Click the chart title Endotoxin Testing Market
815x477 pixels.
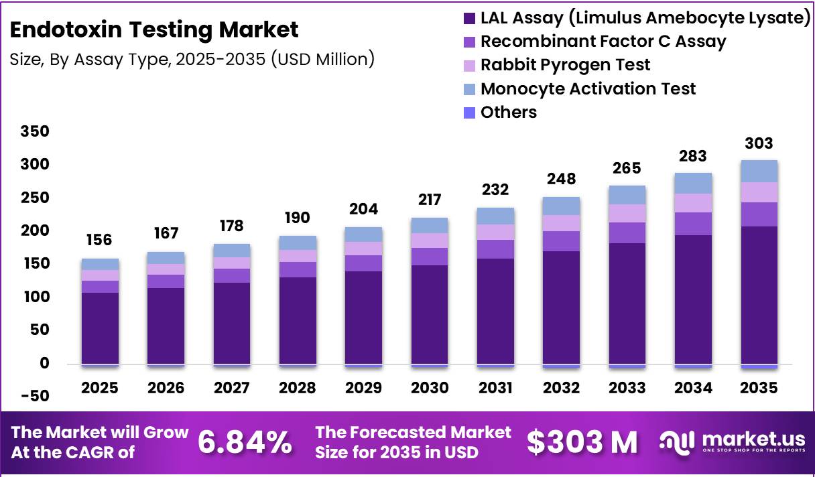coord(155,30)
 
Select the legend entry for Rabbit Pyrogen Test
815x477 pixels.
coord(565,65)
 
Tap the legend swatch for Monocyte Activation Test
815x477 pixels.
coord(470,88)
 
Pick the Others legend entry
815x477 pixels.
coord(508,112)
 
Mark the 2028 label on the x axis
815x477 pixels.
coord(298,388)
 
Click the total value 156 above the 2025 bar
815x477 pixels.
coord(100,240)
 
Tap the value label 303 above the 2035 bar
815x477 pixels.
coord(759,143)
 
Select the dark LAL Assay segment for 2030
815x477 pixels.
coord(430,315)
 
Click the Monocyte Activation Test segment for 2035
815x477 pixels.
coord(759,172)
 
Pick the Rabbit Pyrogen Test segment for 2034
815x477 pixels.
coord(693,203)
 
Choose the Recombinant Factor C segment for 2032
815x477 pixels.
coord(561,241)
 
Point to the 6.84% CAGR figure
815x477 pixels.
coord(245,442)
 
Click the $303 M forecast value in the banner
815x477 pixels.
coord(582,442)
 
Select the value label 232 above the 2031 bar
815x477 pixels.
coord(495,190)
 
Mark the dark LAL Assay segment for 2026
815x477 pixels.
coord(166,326)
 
